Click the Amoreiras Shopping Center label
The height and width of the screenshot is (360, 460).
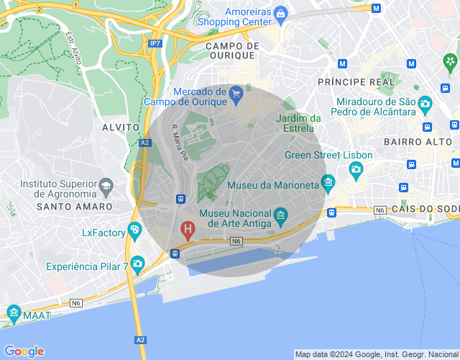[249, 17]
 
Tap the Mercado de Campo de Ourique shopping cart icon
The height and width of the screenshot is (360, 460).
[236, 92]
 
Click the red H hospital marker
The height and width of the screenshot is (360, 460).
[188, 230]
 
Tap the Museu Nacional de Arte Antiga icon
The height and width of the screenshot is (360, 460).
[280, 215]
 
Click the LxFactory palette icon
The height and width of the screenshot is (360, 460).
[134, 230]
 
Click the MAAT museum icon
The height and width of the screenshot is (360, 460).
[14, 312]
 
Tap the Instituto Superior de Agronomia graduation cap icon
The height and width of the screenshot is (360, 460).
[106, 186]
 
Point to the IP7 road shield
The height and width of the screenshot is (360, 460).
[155, 44]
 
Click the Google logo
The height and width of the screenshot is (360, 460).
[24, 351]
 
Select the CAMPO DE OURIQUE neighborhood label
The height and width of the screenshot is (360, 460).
[230, 50]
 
